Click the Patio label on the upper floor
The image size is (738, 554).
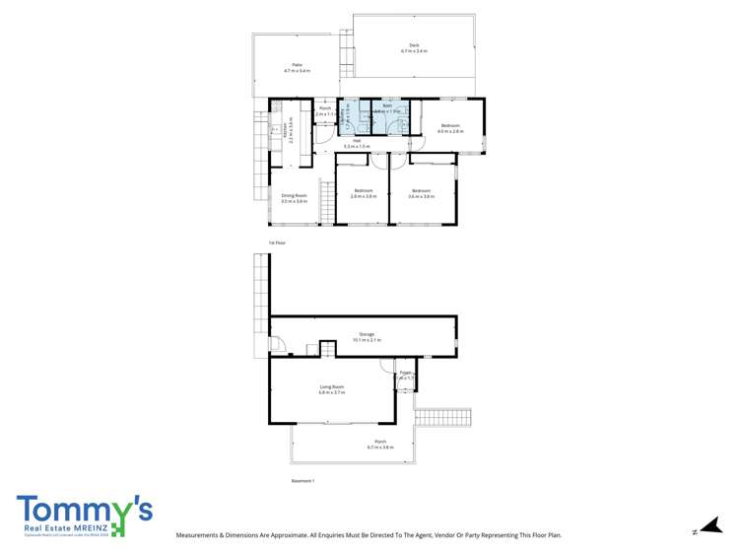(297, 68)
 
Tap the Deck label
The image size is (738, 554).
(414, 47)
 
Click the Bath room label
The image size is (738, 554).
(388, 108)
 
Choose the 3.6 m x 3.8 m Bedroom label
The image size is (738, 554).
(421, 193)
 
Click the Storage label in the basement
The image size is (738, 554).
(366, 337)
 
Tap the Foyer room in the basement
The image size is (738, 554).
(405, 376)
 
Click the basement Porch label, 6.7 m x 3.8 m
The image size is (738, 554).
(379, 444)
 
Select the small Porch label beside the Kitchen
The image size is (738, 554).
(324, 111)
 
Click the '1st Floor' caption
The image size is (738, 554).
(276, 242)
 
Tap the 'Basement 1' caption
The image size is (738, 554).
(302, 481)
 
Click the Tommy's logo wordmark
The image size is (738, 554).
(84, 510)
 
